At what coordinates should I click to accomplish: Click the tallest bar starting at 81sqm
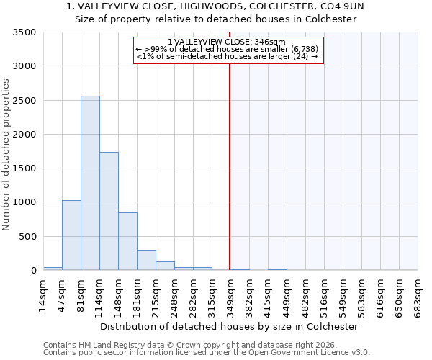click(90, 183)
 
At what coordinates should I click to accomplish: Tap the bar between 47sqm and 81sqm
click(71, 235)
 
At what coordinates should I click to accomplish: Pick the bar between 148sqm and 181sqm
click(127, 241)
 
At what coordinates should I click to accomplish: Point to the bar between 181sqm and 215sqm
click(146, 260)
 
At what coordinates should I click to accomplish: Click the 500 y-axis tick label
click(27, 237)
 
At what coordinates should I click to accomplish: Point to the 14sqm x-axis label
click(43, 295)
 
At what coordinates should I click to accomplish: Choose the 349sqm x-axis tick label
click(231, 295)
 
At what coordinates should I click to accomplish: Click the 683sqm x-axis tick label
click(418, 295)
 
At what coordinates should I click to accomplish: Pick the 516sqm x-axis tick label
click(325, 295)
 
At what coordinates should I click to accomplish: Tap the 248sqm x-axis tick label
click(175, 295)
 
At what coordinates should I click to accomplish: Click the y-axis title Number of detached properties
click(7, 156)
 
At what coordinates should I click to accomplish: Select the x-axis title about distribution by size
click(229, 326)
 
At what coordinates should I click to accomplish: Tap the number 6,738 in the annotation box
click(301, 49)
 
